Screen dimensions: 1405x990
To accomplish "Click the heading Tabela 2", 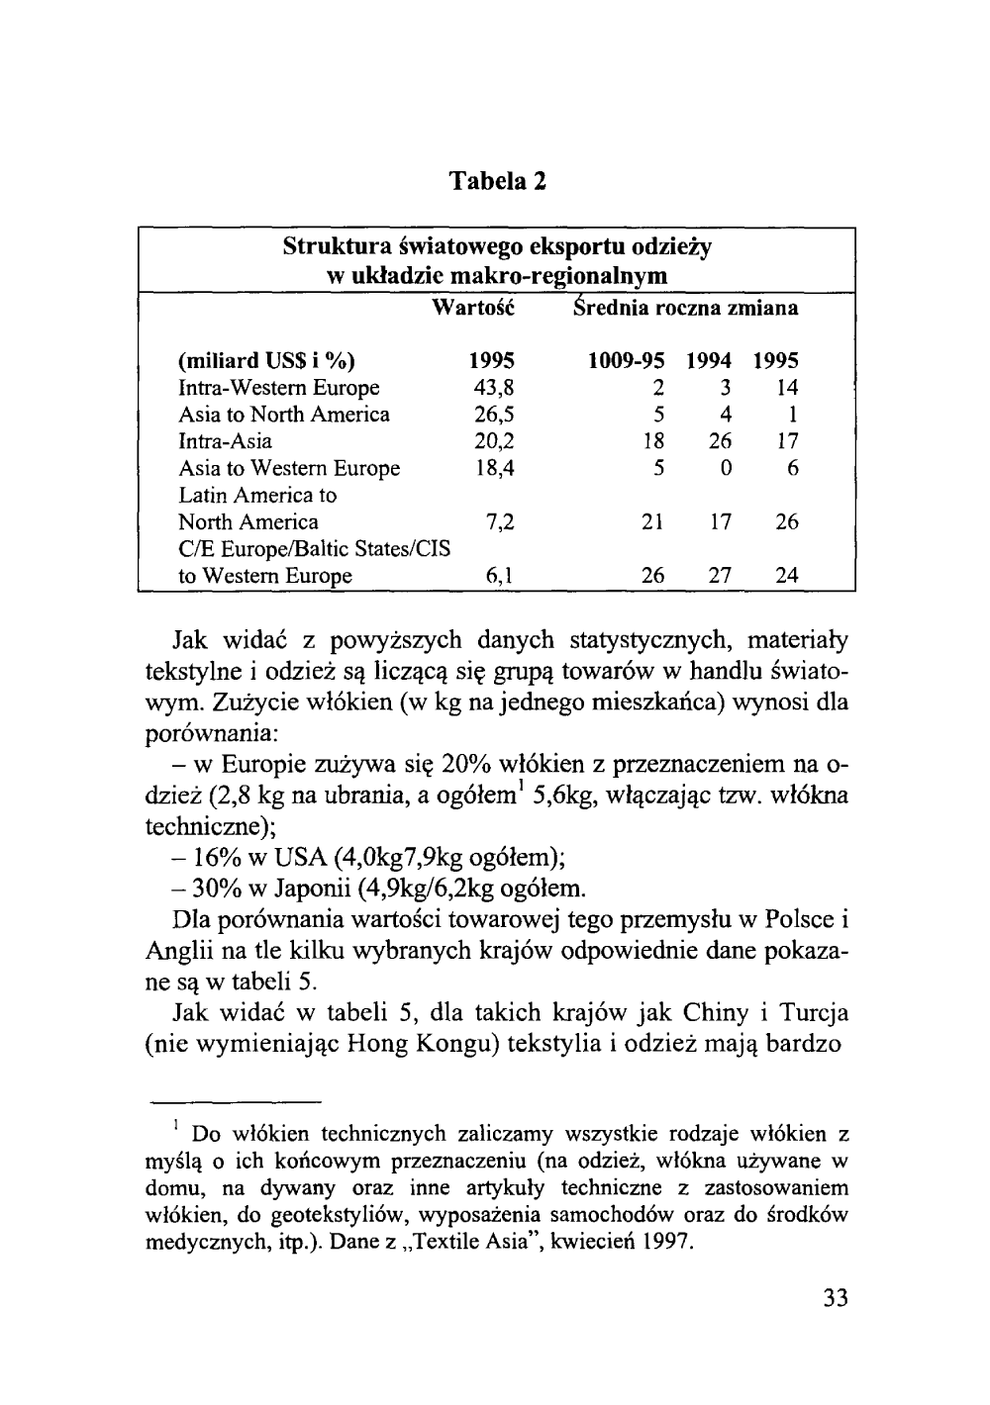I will click(498, 182).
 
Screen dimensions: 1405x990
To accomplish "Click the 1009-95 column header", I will click(626, 361).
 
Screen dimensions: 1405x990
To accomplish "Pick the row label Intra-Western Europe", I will click(278, 388).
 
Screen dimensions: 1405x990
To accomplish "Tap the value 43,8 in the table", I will click(494, 388).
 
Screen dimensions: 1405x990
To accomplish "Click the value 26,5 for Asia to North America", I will click(494, 415).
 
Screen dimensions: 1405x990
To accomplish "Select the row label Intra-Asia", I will click(225, 441).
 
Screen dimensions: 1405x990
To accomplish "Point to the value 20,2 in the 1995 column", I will click(494, 441).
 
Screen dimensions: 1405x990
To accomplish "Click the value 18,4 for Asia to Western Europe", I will click(494, 468).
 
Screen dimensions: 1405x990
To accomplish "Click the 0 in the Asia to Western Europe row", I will click(726, 468).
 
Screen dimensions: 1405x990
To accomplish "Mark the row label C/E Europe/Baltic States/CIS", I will click(315, 549).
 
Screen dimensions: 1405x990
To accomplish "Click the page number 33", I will click(836, 1298).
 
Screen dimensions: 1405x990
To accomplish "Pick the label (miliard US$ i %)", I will click(266, 361).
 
